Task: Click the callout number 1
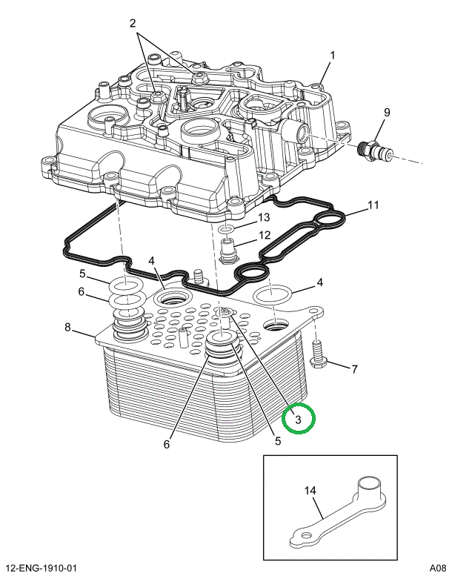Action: click(x=333, y=56)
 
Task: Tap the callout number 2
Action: click(x=133, y=24)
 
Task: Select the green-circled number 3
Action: click(x=299, y=420)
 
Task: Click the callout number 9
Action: click(x=386, y=112)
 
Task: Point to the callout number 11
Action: click(x=373, y=205)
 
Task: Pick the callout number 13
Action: click(x=263, y=218)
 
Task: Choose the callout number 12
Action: click(x=263, y=236)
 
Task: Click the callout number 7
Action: click(x=354, y=368)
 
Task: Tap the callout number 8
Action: click(x=67, y=328)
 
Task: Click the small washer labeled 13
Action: click(x=227, y=231)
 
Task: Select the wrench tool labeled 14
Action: click(x=341, y=512)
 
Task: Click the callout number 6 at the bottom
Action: click(x=167, y=445)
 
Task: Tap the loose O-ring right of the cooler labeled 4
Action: click(x=272, y=294)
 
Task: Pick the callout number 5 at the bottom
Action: click(x=278, y=440)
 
